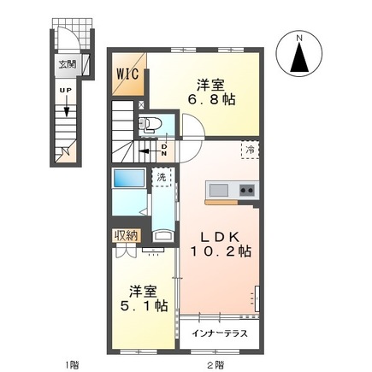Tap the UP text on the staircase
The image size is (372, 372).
click(x=66, y=88)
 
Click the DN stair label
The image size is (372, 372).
click(x=164, y=149)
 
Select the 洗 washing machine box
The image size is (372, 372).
click(x=161, y=177)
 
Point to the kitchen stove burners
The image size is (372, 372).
click(x=246, y=190)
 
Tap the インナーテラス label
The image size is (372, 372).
click(x=221, y=332)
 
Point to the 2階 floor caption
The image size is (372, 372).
click(x=215, y=364)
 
